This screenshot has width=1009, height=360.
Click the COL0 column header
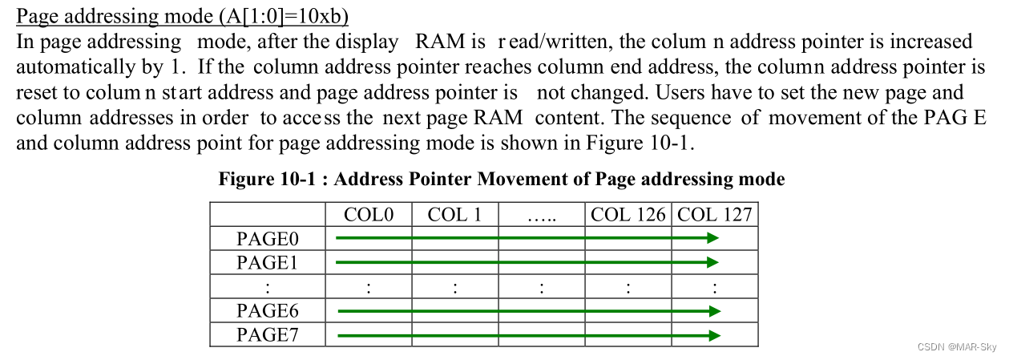[x=369, y=215]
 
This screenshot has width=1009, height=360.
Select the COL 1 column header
[x=454, y=215]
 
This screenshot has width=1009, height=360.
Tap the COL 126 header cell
[x=628, y=215]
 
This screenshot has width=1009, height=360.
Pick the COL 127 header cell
[x=715, y=215]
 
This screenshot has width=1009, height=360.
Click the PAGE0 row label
[x=268, y=238]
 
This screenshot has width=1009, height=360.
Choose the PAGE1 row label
[x=268, y=262]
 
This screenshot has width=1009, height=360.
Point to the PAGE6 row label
[x=268, y=310]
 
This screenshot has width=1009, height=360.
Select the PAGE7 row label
[x=268, y=334]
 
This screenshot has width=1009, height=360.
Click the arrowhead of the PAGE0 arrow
[x=712, y=237]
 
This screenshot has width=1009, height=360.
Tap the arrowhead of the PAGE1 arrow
[x=712, y=262]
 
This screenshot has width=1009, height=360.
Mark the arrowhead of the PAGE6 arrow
[x=715, y=311]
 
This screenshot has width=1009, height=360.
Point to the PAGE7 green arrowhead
[x=715, y=335]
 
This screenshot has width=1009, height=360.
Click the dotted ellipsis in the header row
[x=542, y=216]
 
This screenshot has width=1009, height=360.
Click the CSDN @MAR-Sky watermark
[x=956, y=347]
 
